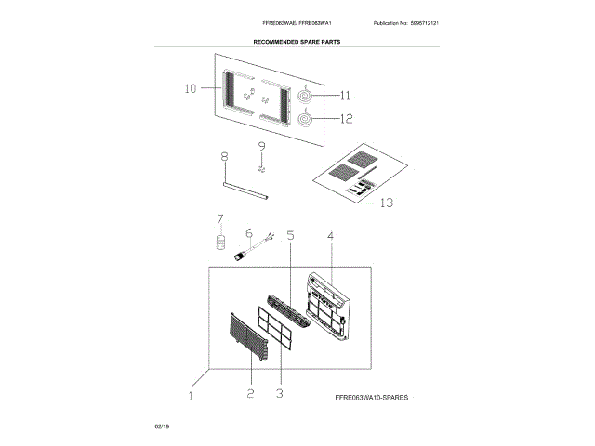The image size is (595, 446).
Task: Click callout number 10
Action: coord(190,90)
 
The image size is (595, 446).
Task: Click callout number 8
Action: coord(224,158)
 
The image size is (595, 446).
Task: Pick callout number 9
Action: coord(261,147)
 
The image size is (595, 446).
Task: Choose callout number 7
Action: coord(220,219)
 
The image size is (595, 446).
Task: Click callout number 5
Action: coord(290,236)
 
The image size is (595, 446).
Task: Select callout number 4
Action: coord(330,236)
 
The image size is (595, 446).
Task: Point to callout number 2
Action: coord(250,394)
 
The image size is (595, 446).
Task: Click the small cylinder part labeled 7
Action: coord(221,243)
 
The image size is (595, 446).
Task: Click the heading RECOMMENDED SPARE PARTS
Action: coord(297,43)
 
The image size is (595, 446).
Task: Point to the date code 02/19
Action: coord(162,425)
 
